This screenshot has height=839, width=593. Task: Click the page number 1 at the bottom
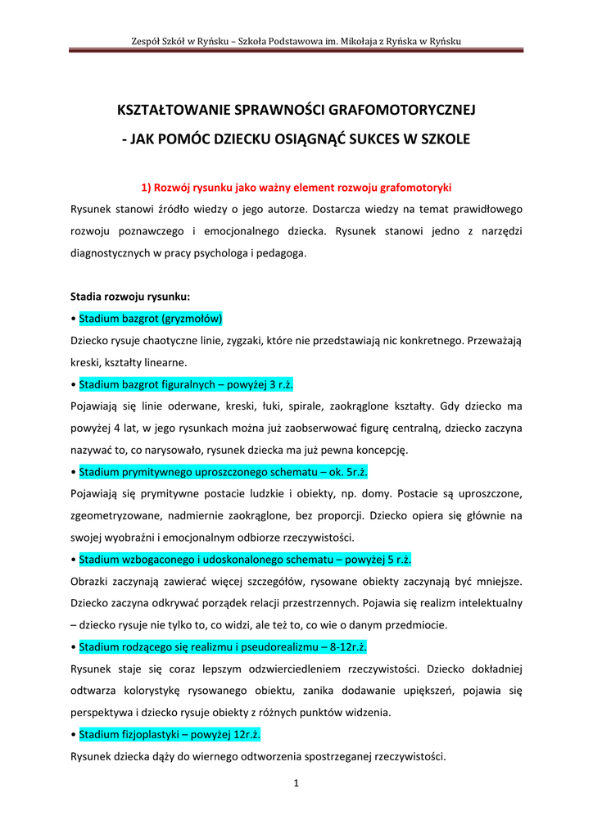(296, 783)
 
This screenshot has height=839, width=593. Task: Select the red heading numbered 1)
(296, 188)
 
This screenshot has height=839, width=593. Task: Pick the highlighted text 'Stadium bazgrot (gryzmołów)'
(151, 318)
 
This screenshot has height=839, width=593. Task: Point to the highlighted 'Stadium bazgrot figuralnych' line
(186, 384)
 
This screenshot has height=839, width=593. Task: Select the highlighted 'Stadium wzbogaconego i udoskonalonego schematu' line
(245, 560)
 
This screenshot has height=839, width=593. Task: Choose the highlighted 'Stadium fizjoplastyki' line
(170, 735)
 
